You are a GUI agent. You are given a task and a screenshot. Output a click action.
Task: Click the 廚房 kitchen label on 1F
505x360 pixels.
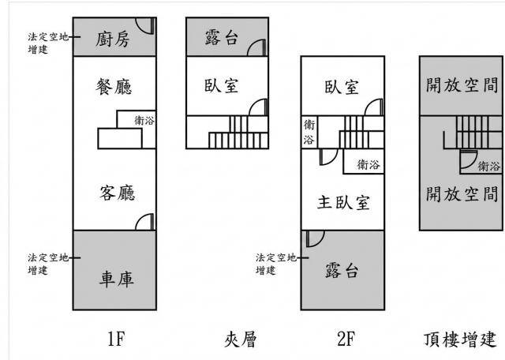coord(112,39)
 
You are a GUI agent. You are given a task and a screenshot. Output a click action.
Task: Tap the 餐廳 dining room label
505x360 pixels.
coord(114,87)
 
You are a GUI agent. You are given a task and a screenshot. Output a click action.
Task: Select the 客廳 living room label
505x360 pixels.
coord(118,193)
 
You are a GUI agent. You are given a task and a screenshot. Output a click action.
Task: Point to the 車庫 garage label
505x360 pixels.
coord(116,279)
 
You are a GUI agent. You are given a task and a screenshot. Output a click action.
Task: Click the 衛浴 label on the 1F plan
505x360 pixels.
coord(144,121)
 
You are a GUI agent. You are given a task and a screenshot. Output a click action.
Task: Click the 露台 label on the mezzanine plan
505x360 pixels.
coord(222,38)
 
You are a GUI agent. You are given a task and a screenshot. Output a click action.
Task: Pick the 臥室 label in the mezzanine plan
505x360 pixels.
coord(222,86)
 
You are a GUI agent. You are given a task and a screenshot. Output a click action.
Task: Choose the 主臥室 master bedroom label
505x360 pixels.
coord(343,202)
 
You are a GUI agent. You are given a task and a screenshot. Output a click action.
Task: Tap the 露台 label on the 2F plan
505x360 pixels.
coord(342,270)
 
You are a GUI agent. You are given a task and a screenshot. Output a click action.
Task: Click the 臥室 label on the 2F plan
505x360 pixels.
coord(342,87)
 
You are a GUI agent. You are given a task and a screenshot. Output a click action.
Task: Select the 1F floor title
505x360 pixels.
coord(116,339)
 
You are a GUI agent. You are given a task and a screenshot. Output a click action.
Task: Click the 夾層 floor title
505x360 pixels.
coord(240,339)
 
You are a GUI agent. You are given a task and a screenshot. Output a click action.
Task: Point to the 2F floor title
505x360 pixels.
coord(346,339)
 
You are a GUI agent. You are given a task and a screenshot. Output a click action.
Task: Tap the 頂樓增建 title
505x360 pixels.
coord(459,339)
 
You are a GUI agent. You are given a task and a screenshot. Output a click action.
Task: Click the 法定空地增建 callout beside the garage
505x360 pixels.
coord(48,264)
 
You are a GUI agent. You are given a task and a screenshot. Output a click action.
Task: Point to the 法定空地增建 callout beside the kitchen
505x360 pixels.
coord(48,43)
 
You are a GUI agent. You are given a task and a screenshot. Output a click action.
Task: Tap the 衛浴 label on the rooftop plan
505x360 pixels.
coord(488,167)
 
